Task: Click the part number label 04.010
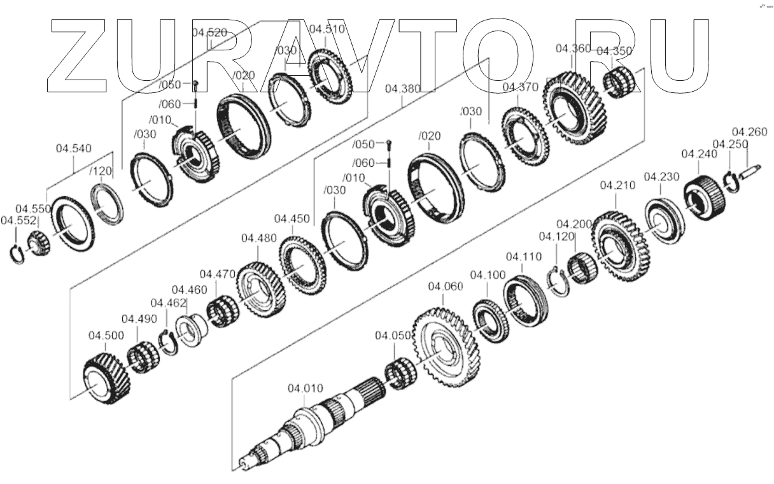pyautogui.click(x=306, y=388)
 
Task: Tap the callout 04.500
pyautogui.click(x=106, y=336)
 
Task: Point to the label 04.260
pyautogui.click(x=749, y=132)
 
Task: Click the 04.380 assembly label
pyautogui.click(x=402, y=90)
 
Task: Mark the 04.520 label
pyautogui.click(x=208, y=33)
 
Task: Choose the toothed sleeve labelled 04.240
pyautogui.click(x=704, y=195)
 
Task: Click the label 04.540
pyautogui.click(x=73, y=148)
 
